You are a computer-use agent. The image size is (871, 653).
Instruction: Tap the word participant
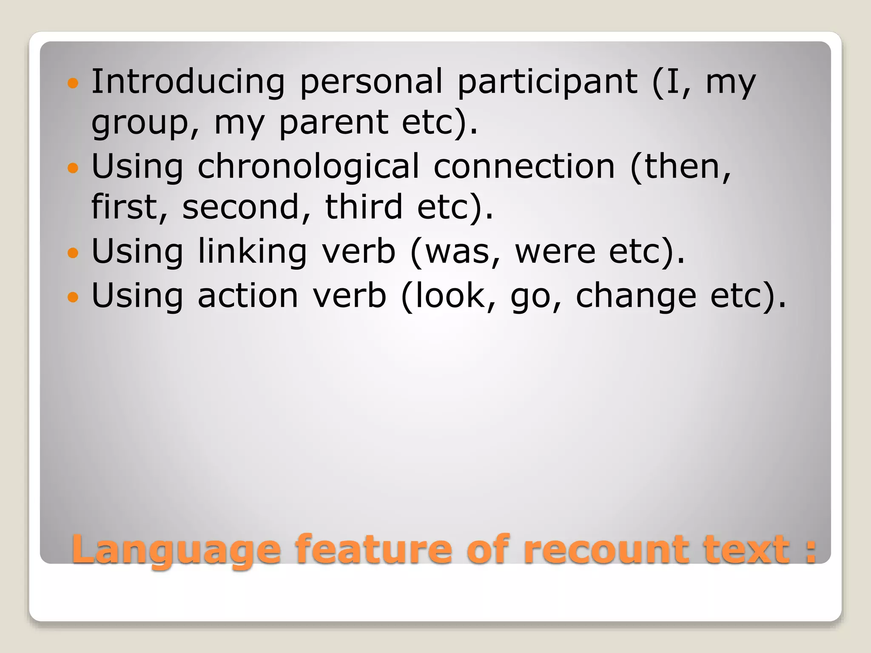point(547,82)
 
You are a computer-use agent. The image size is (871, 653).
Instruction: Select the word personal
point(371,82)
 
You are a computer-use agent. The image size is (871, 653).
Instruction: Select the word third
point(364,207)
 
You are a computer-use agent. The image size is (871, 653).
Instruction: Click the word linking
point(252,252)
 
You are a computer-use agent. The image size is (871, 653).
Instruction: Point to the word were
point(555,252)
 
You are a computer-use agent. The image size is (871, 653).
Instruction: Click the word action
point(248,296)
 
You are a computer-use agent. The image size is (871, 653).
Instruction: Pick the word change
point(636,297)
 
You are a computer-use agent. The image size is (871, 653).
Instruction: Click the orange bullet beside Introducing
point(73,82)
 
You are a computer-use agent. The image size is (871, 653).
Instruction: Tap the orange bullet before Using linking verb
point(73,253)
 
